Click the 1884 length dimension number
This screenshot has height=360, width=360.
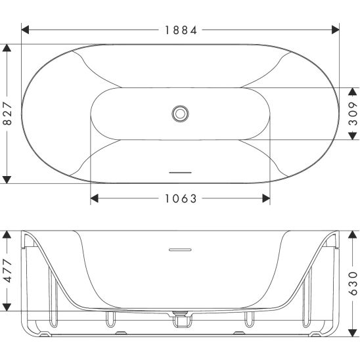181,30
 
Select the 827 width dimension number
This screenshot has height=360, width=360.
8,114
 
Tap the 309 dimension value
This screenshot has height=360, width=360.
353,114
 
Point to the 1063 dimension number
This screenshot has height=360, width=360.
181,198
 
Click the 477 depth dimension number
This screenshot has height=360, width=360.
8,271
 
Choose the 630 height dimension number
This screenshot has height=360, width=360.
353,283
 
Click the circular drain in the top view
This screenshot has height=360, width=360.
180,114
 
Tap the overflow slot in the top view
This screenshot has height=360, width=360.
180,172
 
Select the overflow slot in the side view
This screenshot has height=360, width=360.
180,250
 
